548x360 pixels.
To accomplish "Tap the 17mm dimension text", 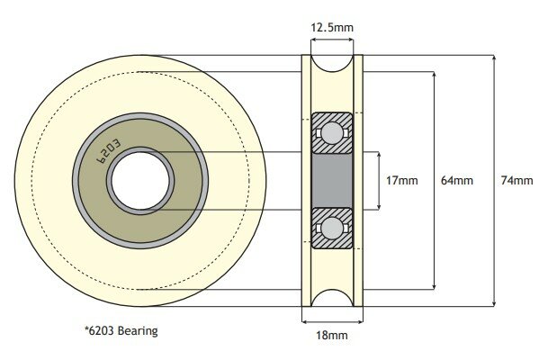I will [x=401, y=180].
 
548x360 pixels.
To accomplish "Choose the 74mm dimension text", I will [x=517, y=180].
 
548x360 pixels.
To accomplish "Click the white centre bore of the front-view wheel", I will [x=140, y=179].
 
